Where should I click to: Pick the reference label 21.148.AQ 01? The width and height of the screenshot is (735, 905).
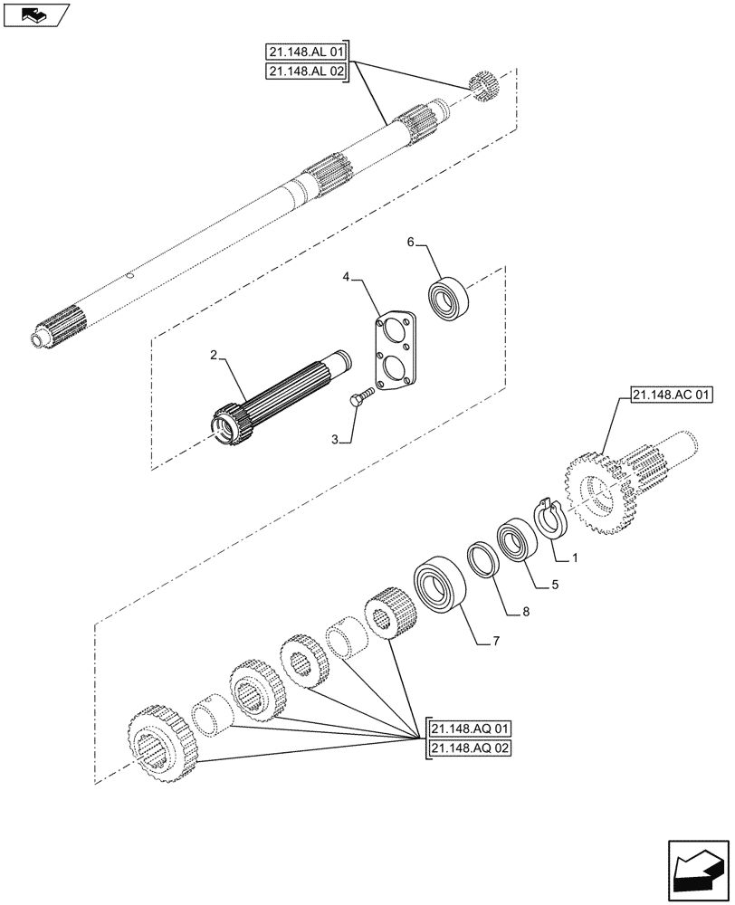click(472, 728)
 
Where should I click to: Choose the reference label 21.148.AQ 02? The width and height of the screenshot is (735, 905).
click(472, 748)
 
